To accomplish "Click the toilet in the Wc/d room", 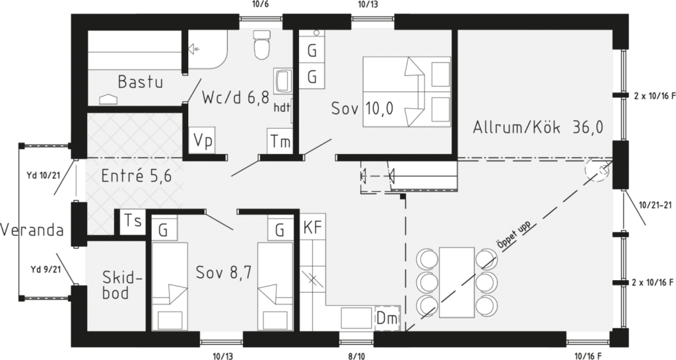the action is [x=261, y=45].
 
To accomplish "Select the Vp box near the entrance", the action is [x=202, y=141].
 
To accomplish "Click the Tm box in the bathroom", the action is [x=280, y=141].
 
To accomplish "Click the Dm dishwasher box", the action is [x=387, y=318].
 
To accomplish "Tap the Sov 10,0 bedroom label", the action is [x=362, y=108].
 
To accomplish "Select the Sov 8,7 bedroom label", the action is [x=223, y=273].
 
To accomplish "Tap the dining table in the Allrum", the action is [x=457, y=282].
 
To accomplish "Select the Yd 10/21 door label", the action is [x=42, y=176].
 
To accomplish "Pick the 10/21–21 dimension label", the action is [x=656, y=205].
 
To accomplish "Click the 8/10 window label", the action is [x=356, y=356].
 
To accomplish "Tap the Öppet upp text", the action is [x=514, y=235].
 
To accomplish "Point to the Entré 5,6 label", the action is [x=136, y=176].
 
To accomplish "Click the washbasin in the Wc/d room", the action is [x=283, y=81].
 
